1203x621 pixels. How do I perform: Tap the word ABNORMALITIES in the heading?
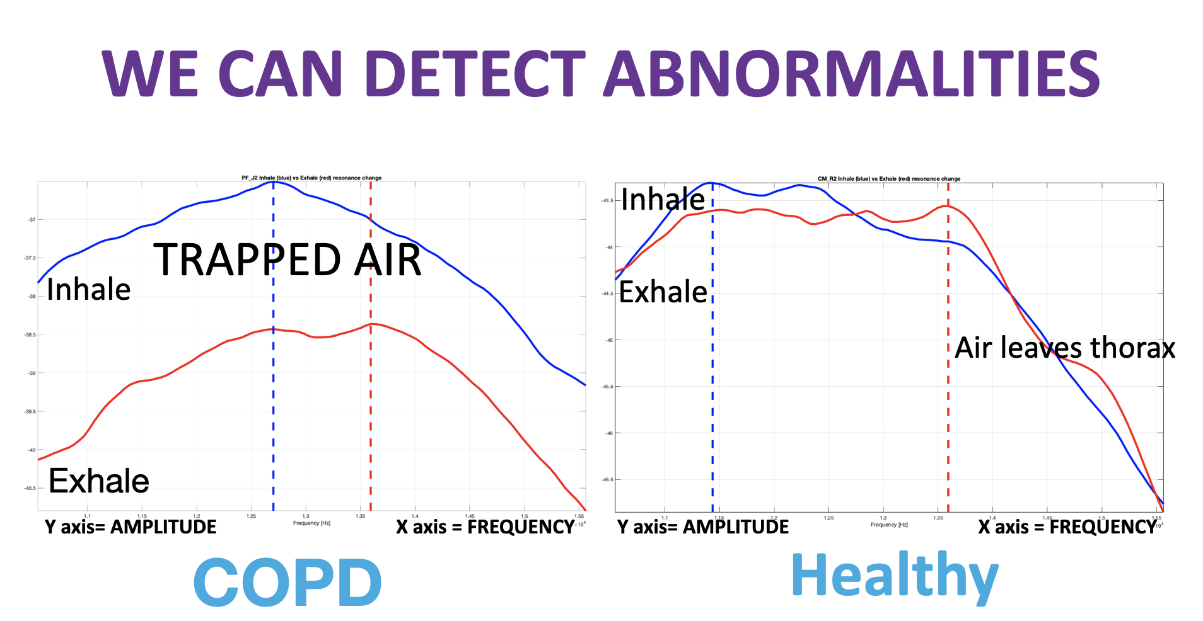[x=851, y=74]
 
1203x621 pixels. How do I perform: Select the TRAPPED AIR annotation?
[x=288, y=260]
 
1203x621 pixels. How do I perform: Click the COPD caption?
[x=287, y=582]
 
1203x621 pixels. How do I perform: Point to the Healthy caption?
[x=895, y=576]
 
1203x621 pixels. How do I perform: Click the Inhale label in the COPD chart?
[x=88, y=290]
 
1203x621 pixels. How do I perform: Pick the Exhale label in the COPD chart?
[x=99, y=481]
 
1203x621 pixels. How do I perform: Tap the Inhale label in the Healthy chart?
[x=663, y=200]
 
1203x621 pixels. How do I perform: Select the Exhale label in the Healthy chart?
[x=663, y=292]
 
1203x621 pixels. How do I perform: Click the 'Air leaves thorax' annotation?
[x=1065, y=348]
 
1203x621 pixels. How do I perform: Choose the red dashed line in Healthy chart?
[x=948, y=428]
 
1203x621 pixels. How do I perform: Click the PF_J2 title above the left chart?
[x=311, y=178]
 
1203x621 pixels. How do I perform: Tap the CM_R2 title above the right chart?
[x=889, y=179]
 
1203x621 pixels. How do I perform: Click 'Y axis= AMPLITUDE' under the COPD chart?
[x=131, y=527]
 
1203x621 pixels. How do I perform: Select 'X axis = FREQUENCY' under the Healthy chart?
[x=1067, y=527]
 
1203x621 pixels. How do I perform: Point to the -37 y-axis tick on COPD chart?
[x=32, y=220]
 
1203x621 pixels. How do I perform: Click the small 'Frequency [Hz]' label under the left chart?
[x=311, y=523]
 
